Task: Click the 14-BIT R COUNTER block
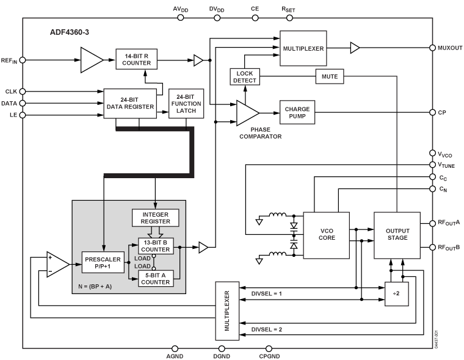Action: coord(138,59)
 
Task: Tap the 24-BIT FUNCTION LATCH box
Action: coord(186,103)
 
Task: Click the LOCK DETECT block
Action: coord(245,77)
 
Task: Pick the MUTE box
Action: coord(330,76)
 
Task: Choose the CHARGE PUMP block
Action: coord(297,112)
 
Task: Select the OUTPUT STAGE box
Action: coord(397,234)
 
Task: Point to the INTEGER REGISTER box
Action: coord(155,218)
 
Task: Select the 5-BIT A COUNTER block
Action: coord(156,279)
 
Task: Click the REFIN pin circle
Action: coord(23,60)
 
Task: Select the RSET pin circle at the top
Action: coord(288,17)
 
